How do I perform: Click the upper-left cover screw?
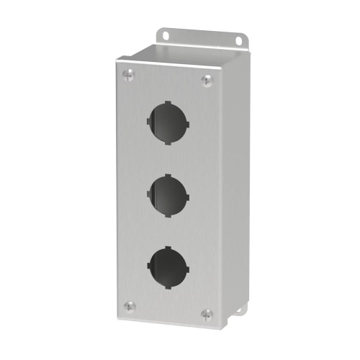pyautogui.click(x=127, y=73)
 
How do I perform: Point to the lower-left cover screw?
pyautogui.click(x=128, y=305)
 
